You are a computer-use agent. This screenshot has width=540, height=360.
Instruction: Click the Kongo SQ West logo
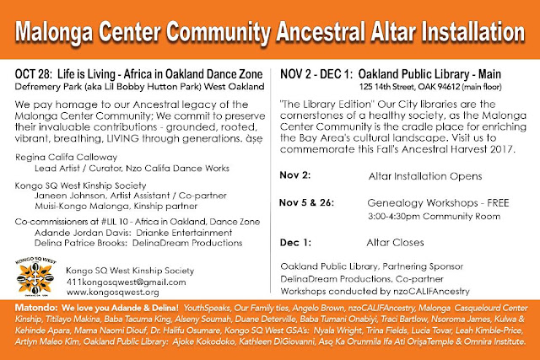click(35, 276)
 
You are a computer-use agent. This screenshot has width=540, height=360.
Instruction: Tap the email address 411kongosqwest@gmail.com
click(126, 282)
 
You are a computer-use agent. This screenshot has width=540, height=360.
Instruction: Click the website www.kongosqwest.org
click(112, 293)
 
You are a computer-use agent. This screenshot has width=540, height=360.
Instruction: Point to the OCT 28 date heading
click(33, 74)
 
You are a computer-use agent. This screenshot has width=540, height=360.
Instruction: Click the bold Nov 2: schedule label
click(295, 175)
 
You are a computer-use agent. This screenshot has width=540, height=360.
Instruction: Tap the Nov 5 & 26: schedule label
click(306, 202)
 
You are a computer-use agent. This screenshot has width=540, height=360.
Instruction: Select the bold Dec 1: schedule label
click(295, 243)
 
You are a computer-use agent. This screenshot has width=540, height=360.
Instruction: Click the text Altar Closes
click(395, 243)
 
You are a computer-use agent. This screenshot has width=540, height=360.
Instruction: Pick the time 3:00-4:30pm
click(394, 217)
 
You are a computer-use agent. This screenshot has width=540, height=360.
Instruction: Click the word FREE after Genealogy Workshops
click(498, 202)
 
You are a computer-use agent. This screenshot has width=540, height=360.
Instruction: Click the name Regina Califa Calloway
click(66, 158)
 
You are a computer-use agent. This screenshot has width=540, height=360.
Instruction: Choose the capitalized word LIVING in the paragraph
click(122, 138)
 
